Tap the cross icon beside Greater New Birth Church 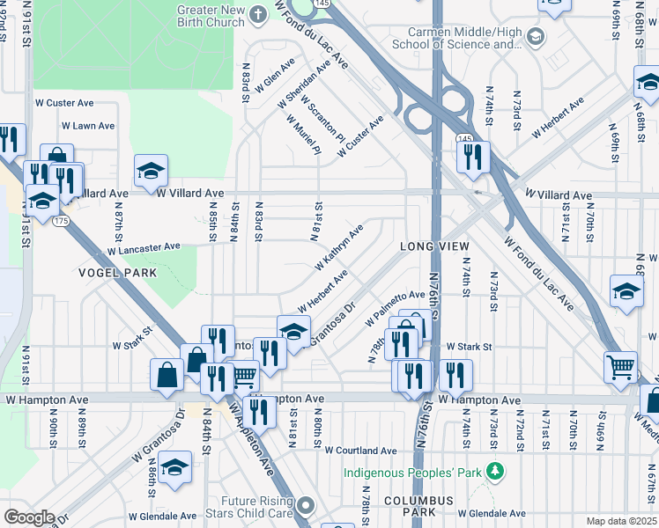point(258,14)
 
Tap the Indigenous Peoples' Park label point(412,473)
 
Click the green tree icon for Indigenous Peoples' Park point(495,473)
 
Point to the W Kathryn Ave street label point(339,248)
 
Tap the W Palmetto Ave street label point(396,309)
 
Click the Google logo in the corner point(29,517)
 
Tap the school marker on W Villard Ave point(151,172)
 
